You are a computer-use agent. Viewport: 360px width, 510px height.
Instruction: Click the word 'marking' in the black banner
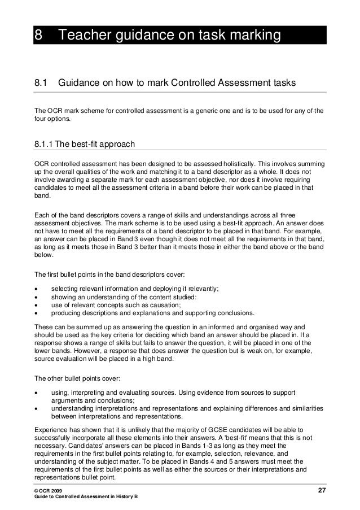(x=252, y=36)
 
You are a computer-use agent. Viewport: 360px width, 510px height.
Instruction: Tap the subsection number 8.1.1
(x=46, y=145)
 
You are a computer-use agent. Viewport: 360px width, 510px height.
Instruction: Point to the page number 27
(x=321, y=489)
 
